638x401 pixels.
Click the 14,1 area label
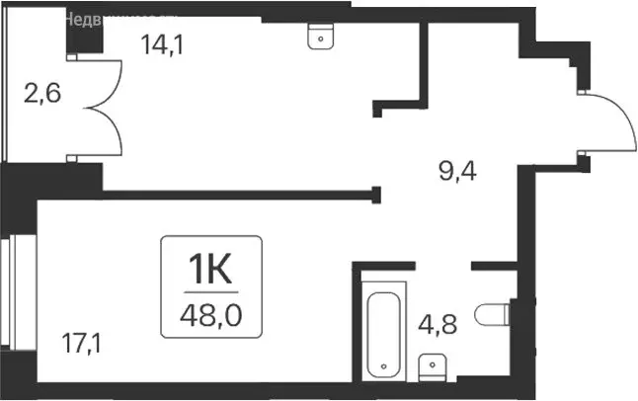(x=160, y=44)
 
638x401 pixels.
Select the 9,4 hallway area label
(x=456, y=174)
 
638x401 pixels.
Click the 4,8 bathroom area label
(x=438, y=325)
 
